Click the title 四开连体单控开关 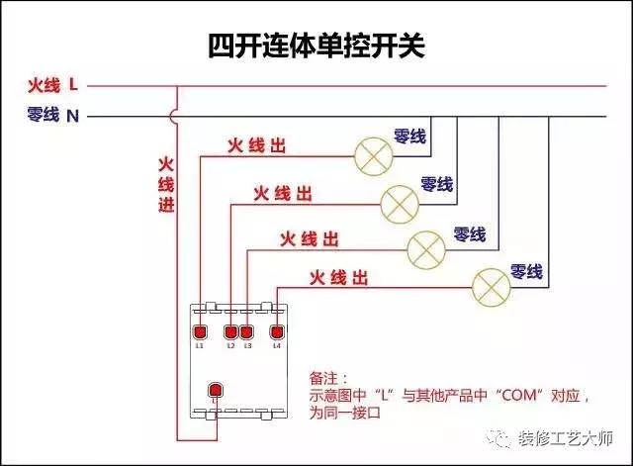point(316,46)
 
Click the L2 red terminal point(231,331)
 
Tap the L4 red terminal point(277,331)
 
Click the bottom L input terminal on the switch point(213,390)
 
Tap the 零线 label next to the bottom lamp point(525,270)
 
